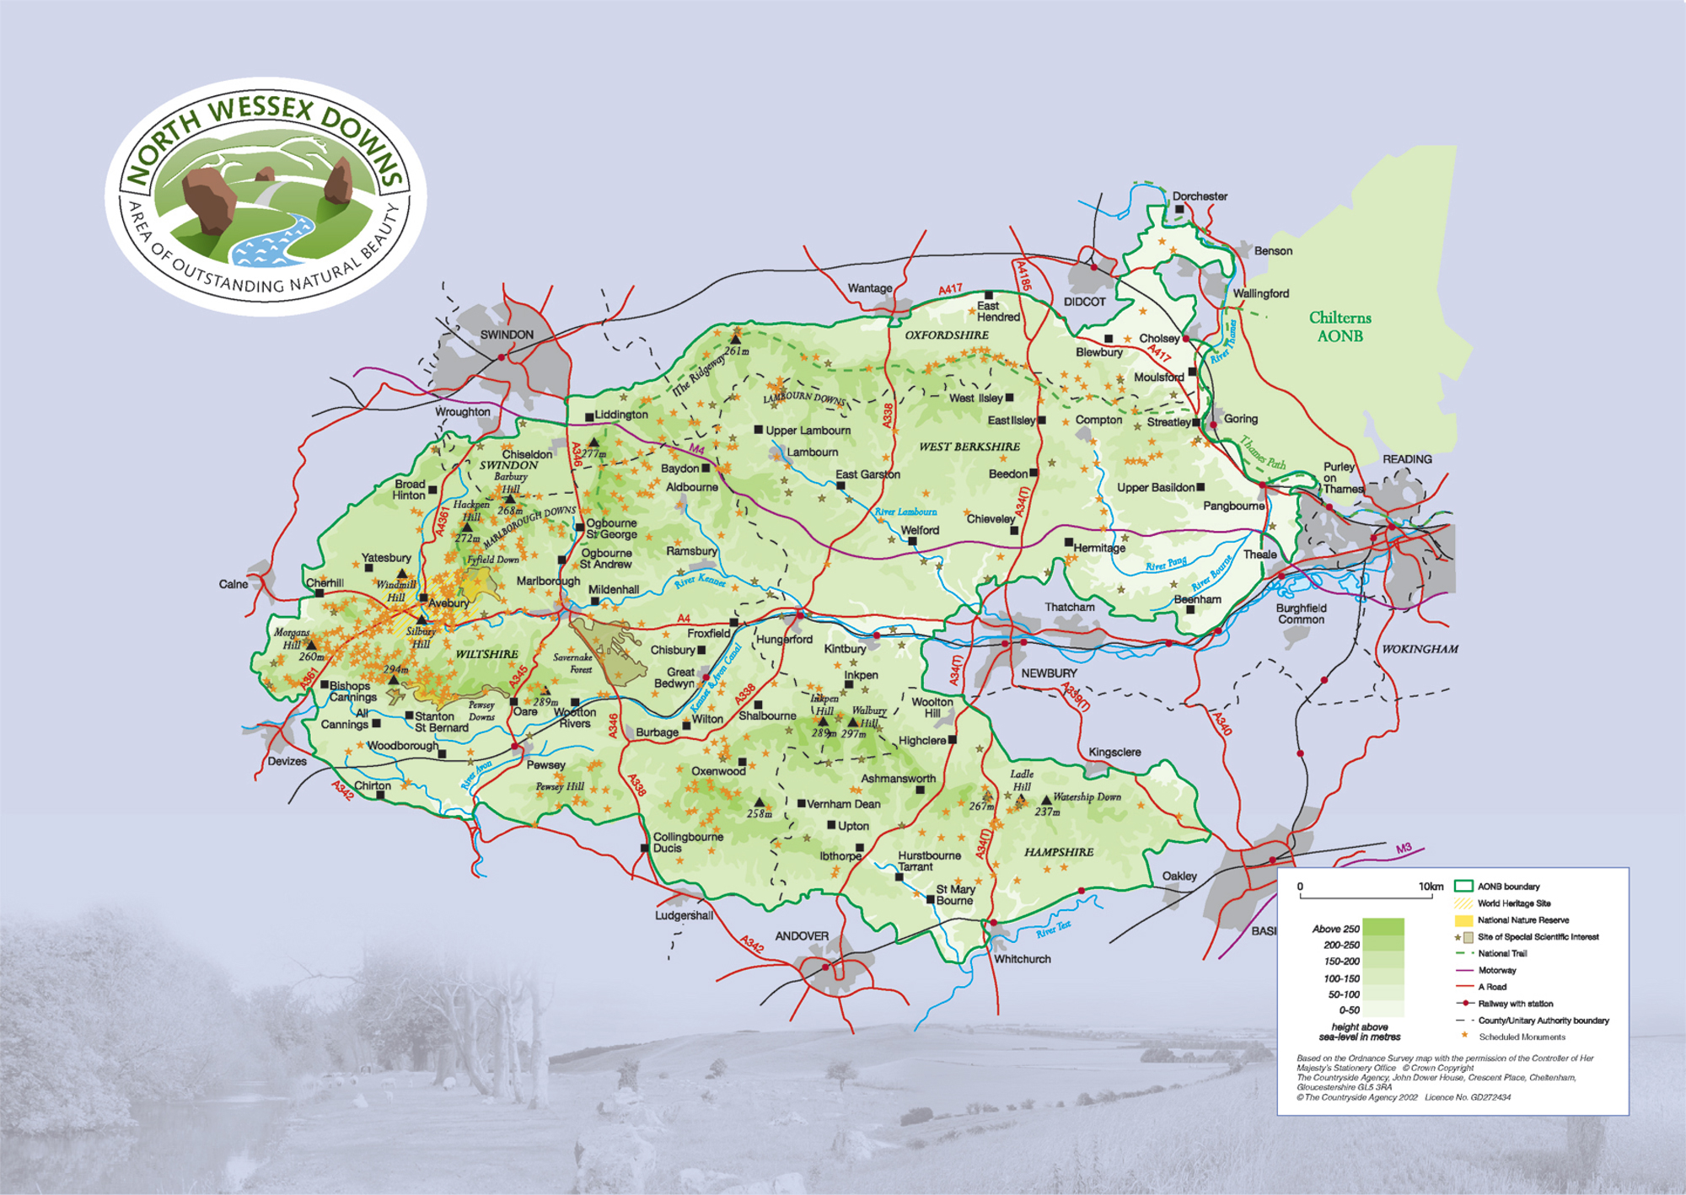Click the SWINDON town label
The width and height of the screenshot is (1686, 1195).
(507, 335)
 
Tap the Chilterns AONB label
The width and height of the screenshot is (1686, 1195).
(1340, 327)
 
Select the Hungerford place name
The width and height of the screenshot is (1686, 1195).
(784, 640)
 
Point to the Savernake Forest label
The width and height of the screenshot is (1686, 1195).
(572, 663)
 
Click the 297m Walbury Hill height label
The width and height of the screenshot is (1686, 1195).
(853, 734)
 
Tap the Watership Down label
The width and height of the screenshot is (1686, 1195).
(1087, 796)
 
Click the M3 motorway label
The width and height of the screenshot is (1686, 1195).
(1403, 849)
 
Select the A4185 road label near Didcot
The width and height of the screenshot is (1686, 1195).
(1023, 276)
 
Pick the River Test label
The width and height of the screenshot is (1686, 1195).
(1053, 929)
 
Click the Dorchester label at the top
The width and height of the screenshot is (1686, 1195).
(1200, 196)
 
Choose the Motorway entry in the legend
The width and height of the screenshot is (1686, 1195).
(1496, 970)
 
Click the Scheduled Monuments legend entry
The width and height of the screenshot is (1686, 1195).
(1522, 1037)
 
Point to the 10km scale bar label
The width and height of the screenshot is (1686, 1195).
(1430, 887)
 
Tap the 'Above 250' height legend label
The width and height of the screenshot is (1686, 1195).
(1335, 929)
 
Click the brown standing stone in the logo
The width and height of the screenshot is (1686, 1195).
(208, 199)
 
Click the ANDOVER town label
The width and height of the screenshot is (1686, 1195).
(802, 936)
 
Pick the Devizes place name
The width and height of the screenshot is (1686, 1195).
(287, 761)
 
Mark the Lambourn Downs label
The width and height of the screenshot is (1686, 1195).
(803, 398)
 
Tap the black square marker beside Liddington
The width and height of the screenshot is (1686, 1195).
(589, 417)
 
